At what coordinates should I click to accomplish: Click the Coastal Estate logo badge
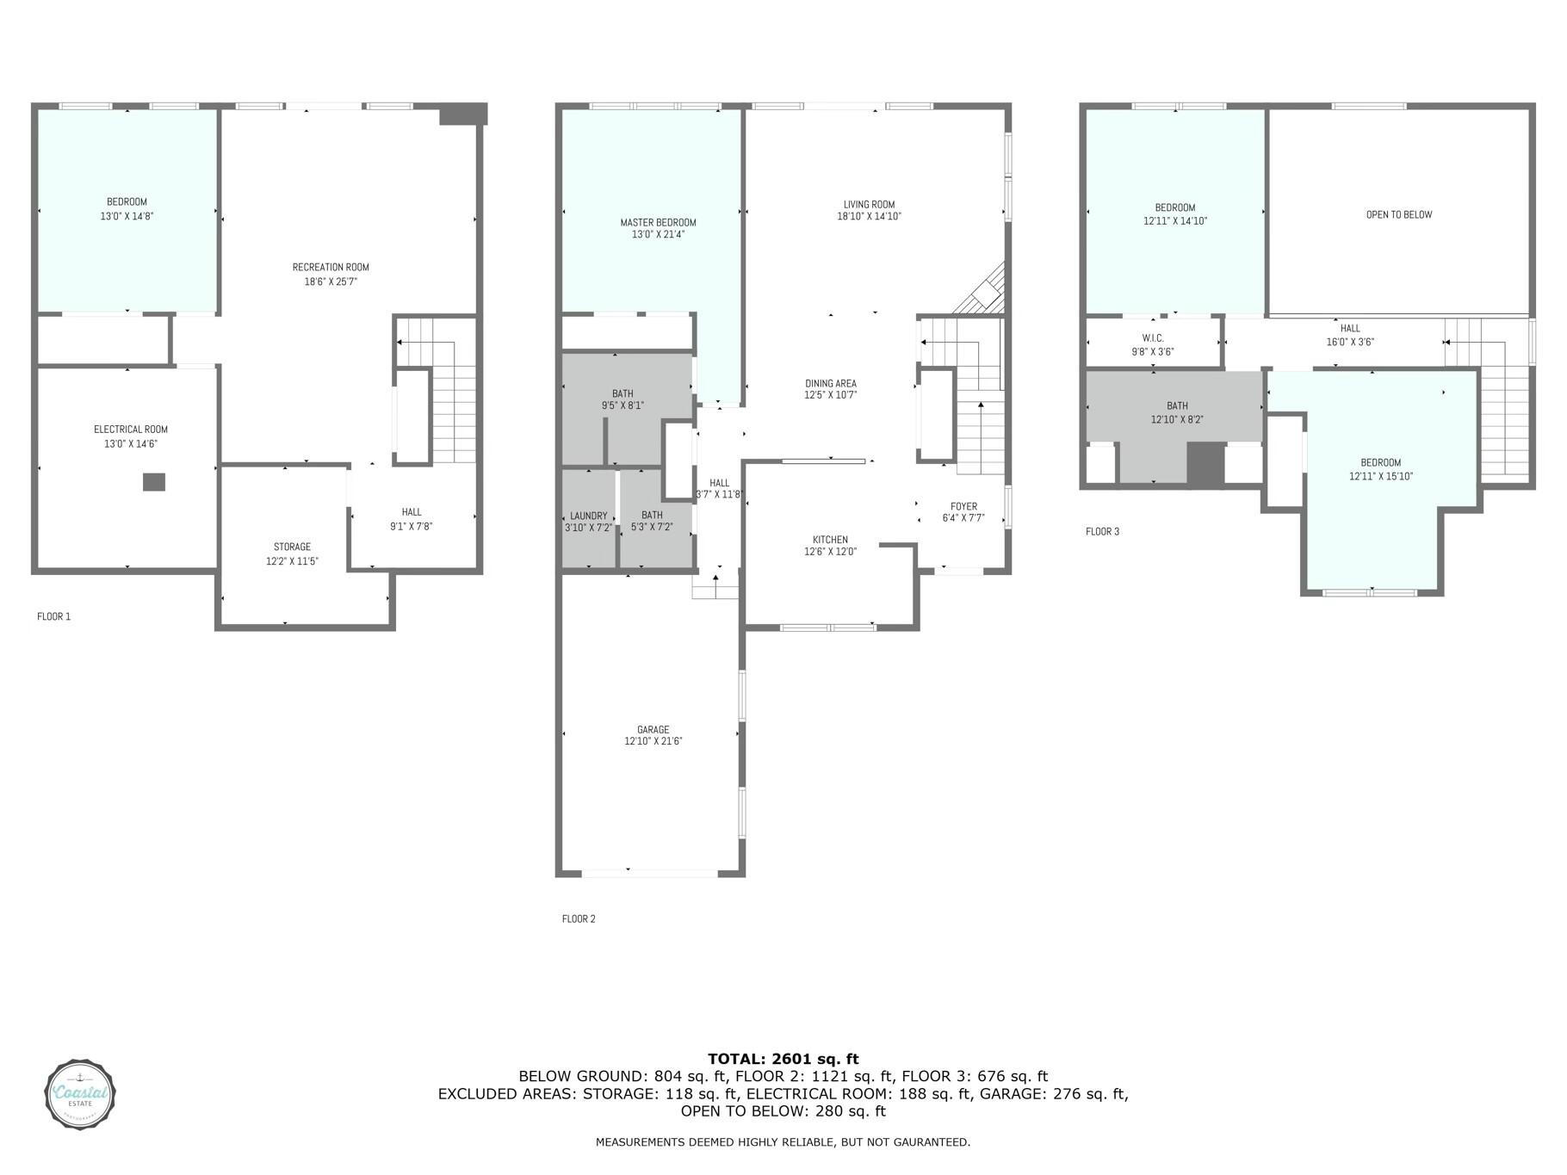point(80,1094)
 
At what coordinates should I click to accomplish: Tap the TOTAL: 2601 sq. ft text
point(783,1060)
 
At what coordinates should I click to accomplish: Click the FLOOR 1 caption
point(53,616)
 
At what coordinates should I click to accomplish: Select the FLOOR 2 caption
point(579,918)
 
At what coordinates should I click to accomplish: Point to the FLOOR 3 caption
point(1102,531)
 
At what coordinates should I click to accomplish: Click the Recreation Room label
point(331,267)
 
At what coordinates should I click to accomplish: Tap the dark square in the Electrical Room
point(153,482)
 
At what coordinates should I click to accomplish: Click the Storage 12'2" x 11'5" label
point(293,553)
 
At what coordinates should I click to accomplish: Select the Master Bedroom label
point(658,222)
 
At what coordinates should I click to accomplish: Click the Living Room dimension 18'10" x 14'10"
point(869,217)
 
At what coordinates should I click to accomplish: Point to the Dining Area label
point(831,383)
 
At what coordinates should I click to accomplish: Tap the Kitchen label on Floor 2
point(830,540)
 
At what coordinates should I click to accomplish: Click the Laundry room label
point(589,516)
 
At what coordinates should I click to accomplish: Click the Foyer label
point(963,506)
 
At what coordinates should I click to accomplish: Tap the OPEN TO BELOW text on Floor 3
point(1398,214)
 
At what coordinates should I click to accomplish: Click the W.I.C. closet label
point(1152,338)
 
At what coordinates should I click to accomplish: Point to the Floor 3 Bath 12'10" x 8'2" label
point(1177,412)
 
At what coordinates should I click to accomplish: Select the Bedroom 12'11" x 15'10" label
point(1380,469)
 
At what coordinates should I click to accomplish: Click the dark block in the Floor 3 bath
point(1205,464)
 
